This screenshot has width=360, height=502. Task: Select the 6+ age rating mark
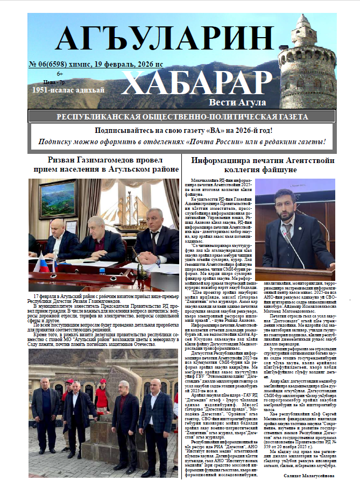59,74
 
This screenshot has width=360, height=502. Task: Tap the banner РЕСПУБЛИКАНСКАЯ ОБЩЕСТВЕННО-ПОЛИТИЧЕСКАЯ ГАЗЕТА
182,117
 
